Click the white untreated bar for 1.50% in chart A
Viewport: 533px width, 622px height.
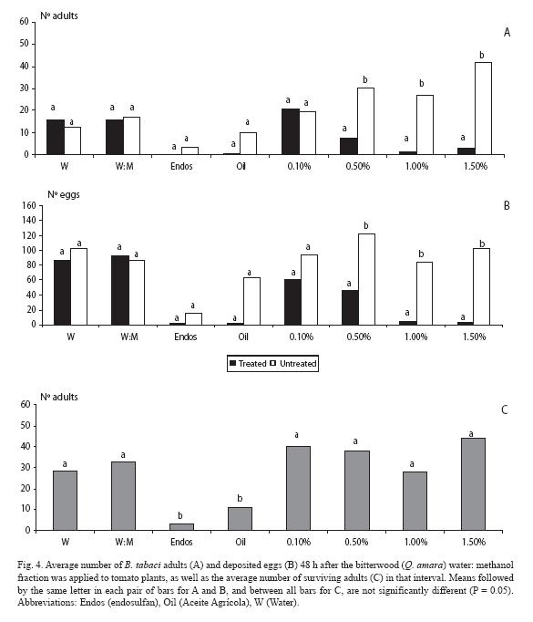483,109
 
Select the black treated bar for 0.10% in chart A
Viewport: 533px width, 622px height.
291,131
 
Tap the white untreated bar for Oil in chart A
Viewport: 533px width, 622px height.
248,143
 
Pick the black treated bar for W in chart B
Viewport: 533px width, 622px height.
62,293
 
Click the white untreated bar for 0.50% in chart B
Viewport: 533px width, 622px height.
366,280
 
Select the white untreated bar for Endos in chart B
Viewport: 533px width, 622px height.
193,319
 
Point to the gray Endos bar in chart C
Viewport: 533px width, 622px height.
181,527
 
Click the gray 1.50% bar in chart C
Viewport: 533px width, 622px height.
473,484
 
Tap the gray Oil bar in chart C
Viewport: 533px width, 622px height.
240,519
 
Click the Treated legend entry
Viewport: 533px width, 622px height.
248,363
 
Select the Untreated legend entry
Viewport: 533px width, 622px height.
293,363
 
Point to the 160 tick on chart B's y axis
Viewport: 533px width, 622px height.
29,205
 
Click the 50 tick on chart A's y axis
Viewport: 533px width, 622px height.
25,44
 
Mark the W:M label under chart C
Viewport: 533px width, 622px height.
124,542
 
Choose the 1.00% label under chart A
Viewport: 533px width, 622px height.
416,166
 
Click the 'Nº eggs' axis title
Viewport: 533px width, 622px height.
64,195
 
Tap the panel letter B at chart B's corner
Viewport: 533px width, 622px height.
507,205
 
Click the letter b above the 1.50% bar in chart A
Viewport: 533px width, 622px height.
482,55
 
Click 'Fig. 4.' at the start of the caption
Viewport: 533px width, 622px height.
29,565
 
